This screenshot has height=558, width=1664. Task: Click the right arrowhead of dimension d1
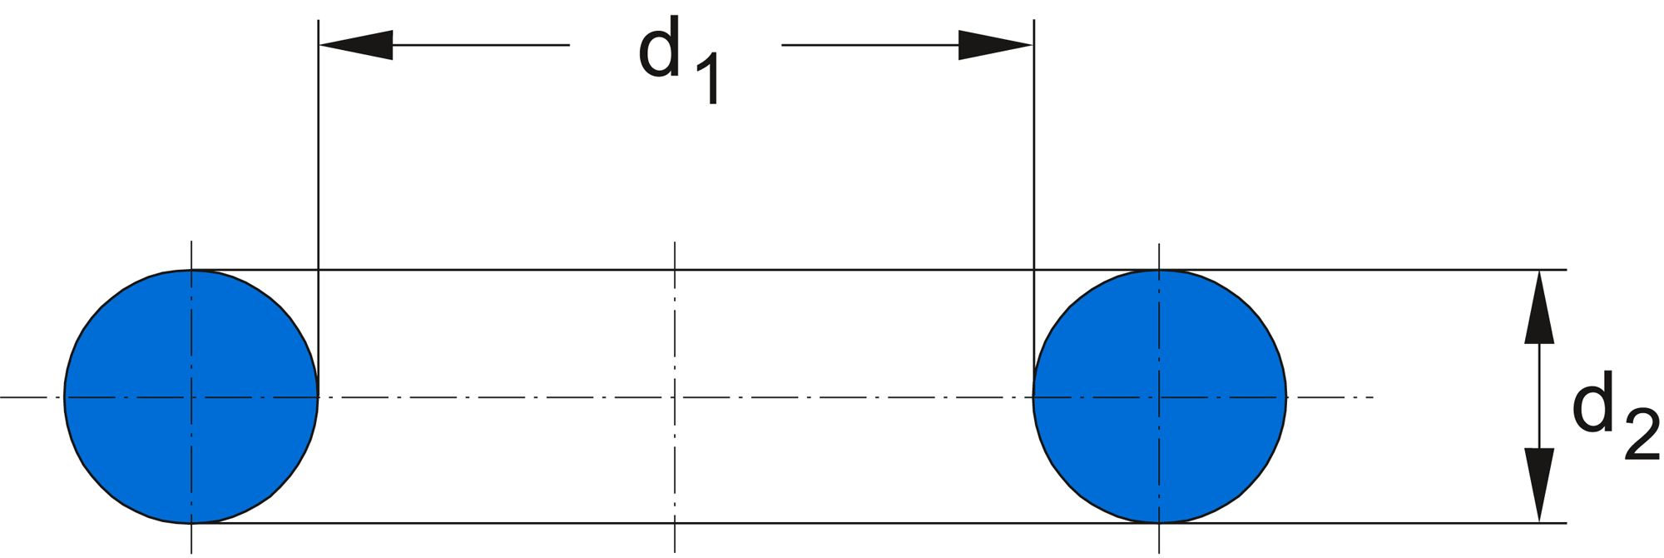click(x=995, y=45)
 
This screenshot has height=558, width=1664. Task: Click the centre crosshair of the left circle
click(x=192, y=397)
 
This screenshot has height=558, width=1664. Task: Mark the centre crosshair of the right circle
click(x=1159, y=397)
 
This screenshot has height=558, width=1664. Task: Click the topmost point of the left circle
click(x=192, y=271)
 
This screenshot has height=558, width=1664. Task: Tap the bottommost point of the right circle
click(x=1159, y=523)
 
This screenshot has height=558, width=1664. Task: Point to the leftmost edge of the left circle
click(x=65, y=397)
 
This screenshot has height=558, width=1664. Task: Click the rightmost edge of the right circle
click(x=1286, y=397)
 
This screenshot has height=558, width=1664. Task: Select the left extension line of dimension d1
click(x=319, y=167)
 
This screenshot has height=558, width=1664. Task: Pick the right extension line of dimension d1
click(x=1033, y=167)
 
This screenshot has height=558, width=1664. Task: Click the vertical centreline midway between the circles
click(x=675, y=333)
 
